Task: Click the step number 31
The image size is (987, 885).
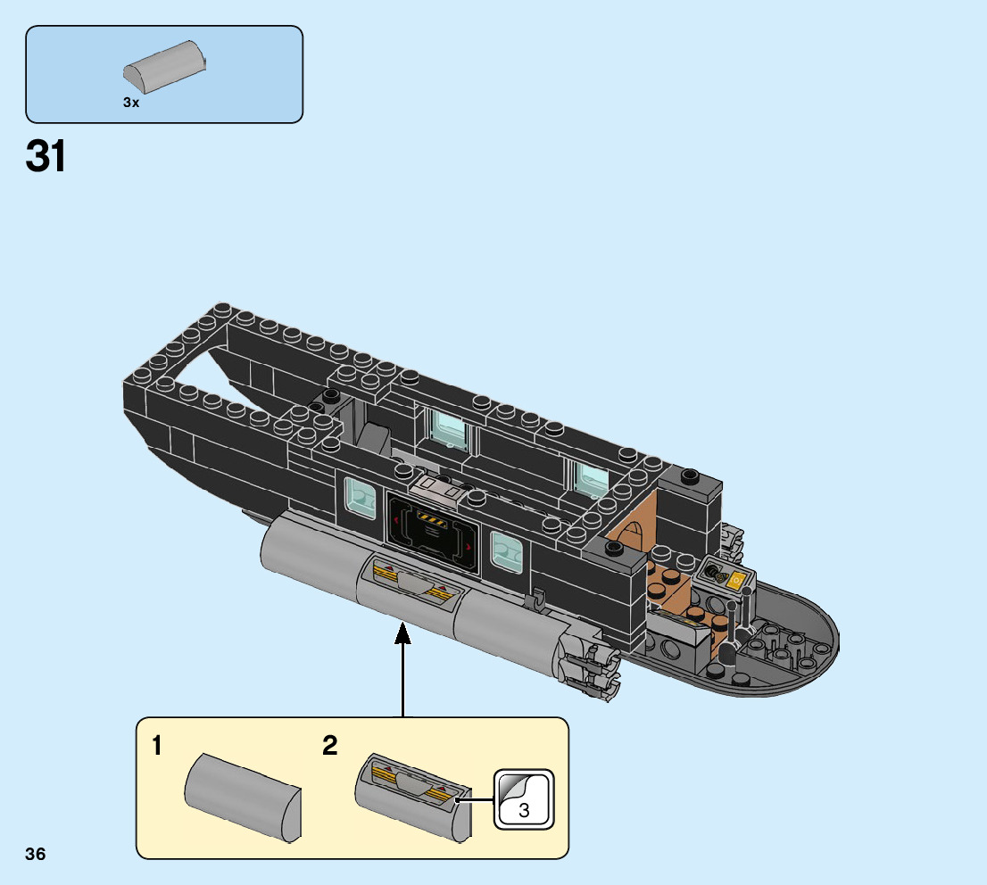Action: (46, 156)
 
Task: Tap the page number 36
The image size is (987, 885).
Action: (36, 855)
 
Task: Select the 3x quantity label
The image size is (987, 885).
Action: (131, 103)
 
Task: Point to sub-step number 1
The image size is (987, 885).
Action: (157, 746)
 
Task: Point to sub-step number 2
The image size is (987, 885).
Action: (330, 746)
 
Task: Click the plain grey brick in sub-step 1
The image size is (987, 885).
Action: (244, 796)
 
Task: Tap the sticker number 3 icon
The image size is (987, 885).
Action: (524, 799)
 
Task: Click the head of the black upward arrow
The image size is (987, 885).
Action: (402, 633)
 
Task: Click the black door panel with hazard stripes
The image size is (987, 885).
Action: (432, 534)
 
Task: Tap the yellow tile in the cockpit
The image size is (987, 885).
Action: (737, 581)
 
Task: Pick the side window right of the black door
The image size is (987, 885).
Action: (504, 551)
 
